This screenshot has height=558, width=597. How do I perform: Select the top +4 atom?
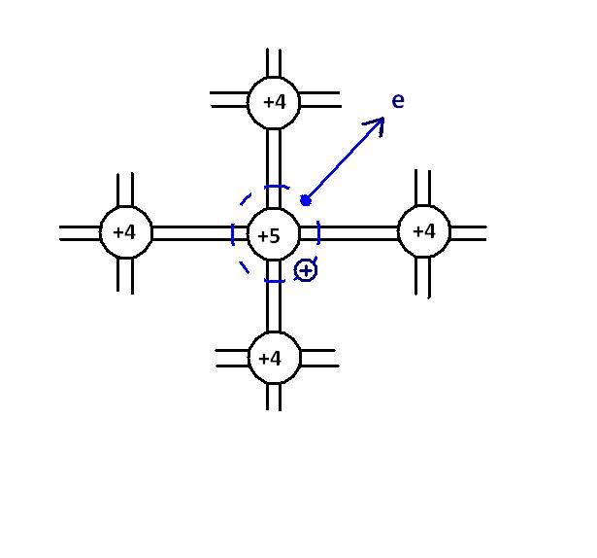(274, 101)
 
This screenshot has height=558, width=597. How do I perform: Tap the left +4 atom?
(125, 233)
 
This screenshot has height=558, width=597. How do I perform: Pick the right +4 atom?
(424, 231)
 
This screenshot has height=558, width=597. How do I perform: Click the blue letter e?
(398, 100)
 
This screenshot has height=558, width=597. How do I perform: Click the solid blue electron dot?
(306, 200)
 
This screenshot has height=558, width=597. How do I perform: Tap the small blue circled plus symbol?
(306, 270)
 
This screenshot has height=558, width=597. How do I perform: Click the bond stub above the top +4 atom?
(274, 62)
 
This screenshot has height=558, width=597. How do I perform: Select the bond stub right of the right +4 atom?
(468, 232)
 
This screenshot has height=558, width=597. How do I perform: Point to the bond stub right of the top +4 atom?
(320, 100)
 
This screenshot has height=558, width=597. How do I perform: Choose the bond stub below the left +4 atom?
(125, 275)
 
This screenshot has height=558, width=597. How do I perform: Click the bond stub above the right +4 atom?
(423, 187)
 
